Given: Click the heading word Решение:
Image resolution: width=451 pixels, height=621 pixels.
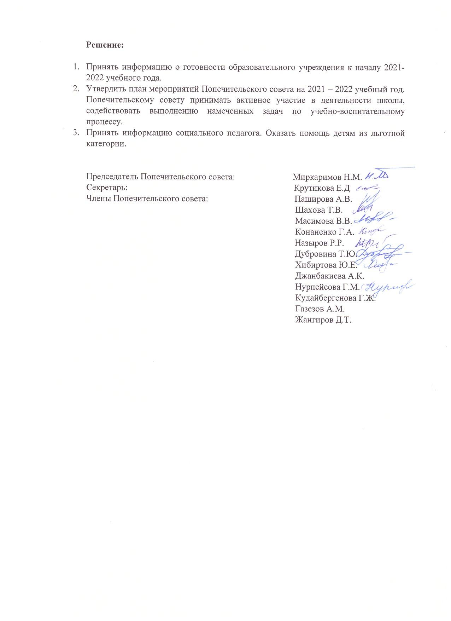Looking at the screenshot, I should pos(105,45).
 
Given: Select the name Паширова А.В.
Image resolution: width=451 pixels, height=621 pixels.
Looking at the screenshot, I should pos(323,199).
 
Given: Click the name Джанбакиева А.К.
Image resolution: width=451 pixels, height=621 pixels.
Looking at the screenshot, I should pos(329,276).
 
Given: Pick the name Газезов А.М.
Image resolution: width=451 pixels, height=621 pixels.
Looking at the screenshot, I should pos(320,309).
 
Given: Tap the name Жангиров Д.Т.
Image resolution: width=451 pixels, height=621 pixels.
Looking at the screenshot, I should pos(323,320).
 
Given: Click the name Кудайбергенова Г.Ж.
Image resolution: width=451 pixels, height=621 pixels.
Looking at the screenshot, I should pos(335,298).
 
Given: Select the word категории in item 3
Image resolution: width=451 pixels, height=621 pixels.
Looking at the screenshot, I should pos(106,144).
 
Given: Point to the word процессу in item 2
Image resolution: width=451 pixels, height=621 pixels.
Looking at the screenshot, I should pos(105,122).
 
